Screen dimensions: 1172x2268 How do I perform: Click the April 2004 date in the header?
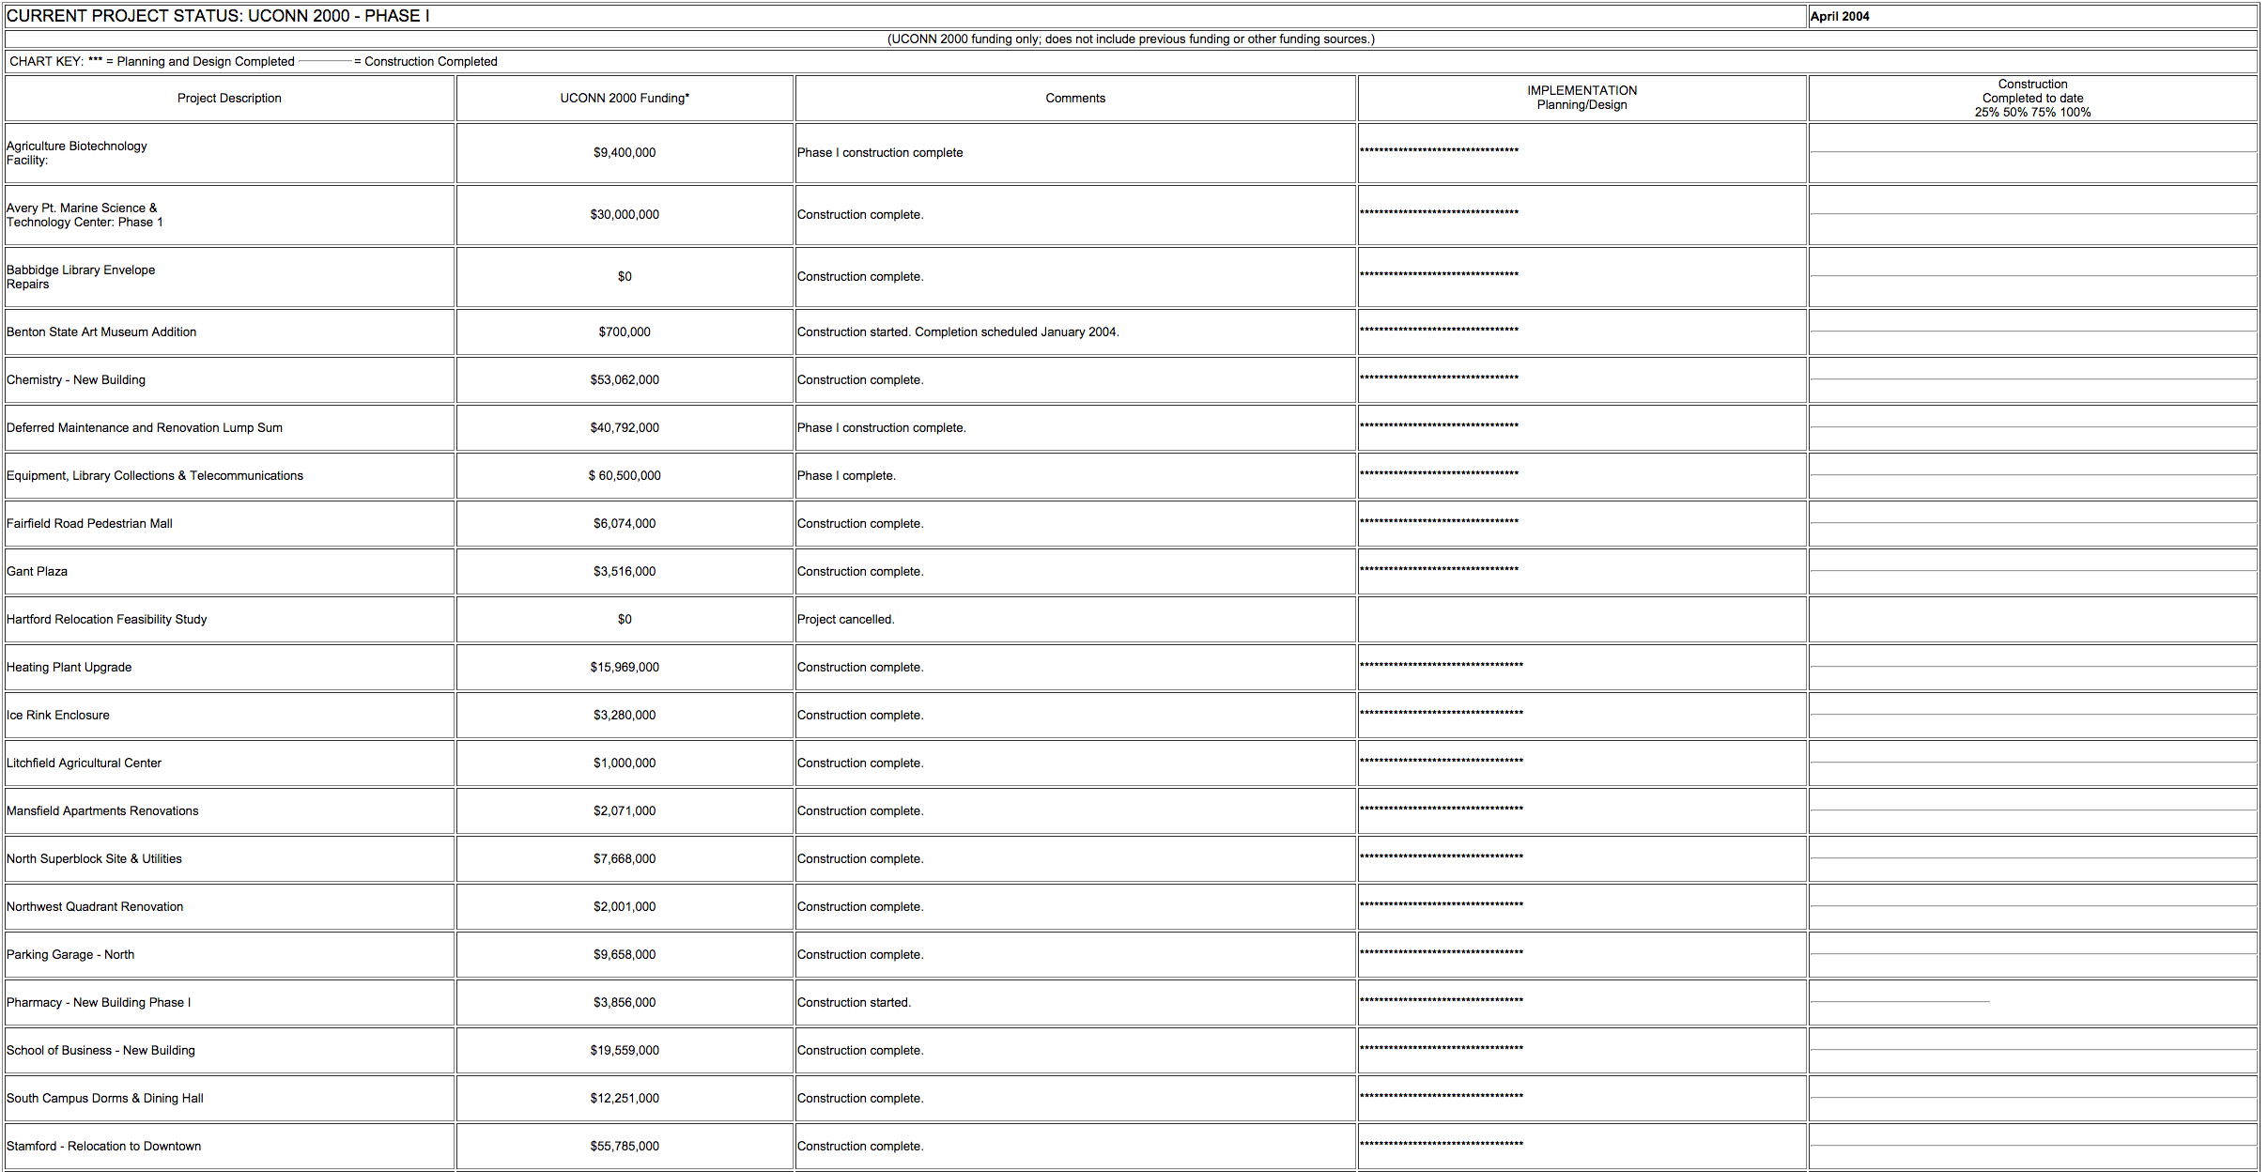1839,16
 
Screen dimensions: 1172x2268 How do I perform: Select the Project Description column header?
229,98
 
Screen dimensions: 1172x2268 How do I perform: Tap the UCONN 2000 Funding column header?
625,98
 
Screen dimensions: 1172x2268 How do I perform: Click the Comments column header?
1075,98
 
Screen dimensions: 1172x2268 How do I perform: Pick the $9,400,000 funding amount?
625,152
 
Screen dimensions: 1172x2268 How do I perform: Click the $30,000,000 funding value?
625,214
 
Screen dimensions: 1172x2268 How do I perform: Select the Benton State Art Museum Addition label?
101,332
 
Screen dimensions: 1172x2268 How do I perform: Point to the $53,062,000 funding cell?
625,379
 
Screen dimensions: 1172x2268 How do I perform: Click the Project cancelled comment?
845,619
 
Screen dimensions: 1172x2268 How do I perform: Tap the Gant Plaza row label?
38,571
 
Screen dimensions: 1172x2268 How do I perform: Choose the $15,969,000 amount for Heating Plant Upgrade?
625,667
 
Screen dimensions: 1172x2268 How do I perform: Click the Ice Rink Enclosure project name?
58,715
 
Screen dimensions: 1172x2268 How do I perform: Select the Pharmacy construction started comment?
854,1002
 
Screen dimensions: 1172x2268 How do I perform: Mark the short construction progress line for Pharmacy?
1899,1002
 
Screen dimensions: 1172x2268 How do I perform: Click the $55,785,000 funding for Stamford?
625,1146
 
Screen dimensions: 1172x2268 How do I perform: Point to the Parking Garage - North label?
70,954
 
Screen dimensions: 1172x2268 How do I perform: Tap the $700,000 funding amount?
625,332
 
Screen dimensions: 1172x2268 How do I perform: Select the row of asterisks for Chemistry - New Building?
1439,378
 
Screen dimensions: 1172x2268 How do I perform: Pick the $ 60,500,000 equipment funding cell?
625,475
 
